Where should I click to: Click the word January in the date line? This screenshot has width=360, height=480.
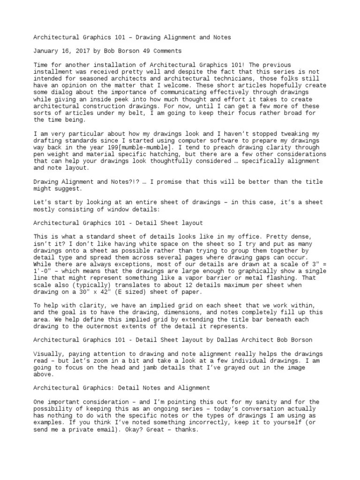(47, 51)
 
